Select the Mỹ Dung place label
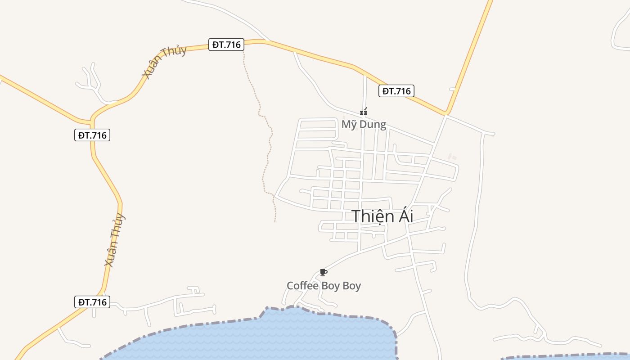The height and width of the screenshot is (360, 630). (x=364, y=124)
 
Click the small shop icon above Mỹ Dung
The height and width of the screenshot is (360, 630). (x=364, y=112)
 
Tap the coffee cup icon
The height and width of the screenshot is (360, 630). (x=323, y=272)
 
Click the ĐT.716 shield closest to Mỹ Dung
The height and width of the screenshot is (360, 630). (x=396, y=91)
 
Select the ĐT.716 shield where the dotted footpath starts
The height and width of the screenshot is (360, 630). (x=226, y=45)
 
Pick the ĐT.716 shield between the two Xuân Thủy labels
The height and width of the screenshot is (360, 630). (x=92, y=135)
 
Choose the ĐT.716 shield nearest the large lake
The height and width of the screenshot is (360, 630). (x=92, y=302)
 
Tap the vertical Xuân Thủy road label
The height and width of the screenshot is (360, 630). (x=115, y=240)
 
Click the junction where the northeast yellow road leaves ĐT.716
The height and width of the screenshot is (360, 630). (x=446, y=112)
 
